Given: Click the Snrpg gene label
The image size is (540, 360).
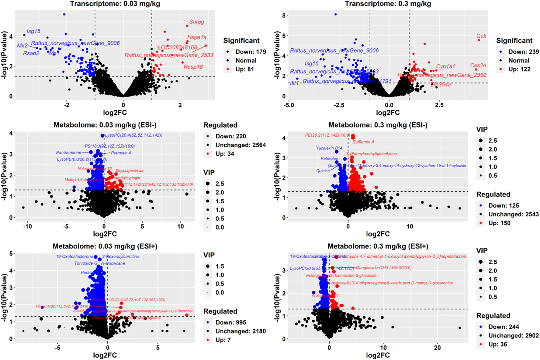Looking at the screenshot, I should [x=197, y=22].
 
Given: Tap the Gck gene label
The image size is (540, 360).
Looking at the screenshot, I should [x=481, y=36].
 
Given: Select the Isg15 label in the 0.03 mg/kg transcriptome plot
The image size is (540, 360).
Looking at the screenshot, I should [x=33, y=31].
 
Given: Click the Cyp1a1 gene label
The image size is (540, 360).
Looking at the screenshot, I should [x=445, y=66].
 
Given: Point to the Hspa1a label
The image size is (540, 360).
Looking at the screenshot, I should [x=197, y=37].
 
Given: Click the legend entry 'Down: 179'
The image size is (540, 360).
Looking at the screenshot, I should [x=250, y=52].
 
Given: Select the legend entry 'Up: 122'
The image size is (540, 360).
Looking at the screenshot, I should [x=519, y=69].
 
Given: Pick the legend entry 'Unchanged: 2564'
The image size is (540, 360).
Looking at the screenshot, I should [x=240, y=145].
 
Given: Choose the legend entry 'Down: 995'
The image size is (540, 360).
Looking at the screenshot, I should [x=230, y=322].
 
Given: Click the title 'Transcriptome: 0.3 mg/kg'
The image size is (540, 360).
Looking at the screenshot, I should [x=388, y=4].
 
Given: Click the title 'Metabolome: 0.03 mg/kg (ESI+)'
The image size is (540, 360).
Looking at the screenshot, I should [x=105, y=246].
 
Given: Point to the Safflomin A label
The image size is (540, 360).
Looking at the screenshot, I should [x=363, y=142].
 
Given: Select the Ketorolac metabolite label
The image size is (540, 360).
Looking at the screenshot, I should [x=329, y=158].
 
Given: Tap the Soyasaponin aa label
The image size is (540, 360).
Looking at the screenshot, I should [x=129, y=171].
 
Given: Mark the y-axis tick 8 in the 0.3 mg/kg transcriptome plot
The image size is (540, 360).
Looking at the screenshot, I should [x=284, y=15].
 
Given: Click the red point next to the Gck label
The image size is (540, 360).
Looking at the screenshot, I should [x=479, y=40].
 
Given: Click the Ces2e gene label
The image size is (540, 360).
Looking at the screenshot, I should [x=478, y=65].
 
